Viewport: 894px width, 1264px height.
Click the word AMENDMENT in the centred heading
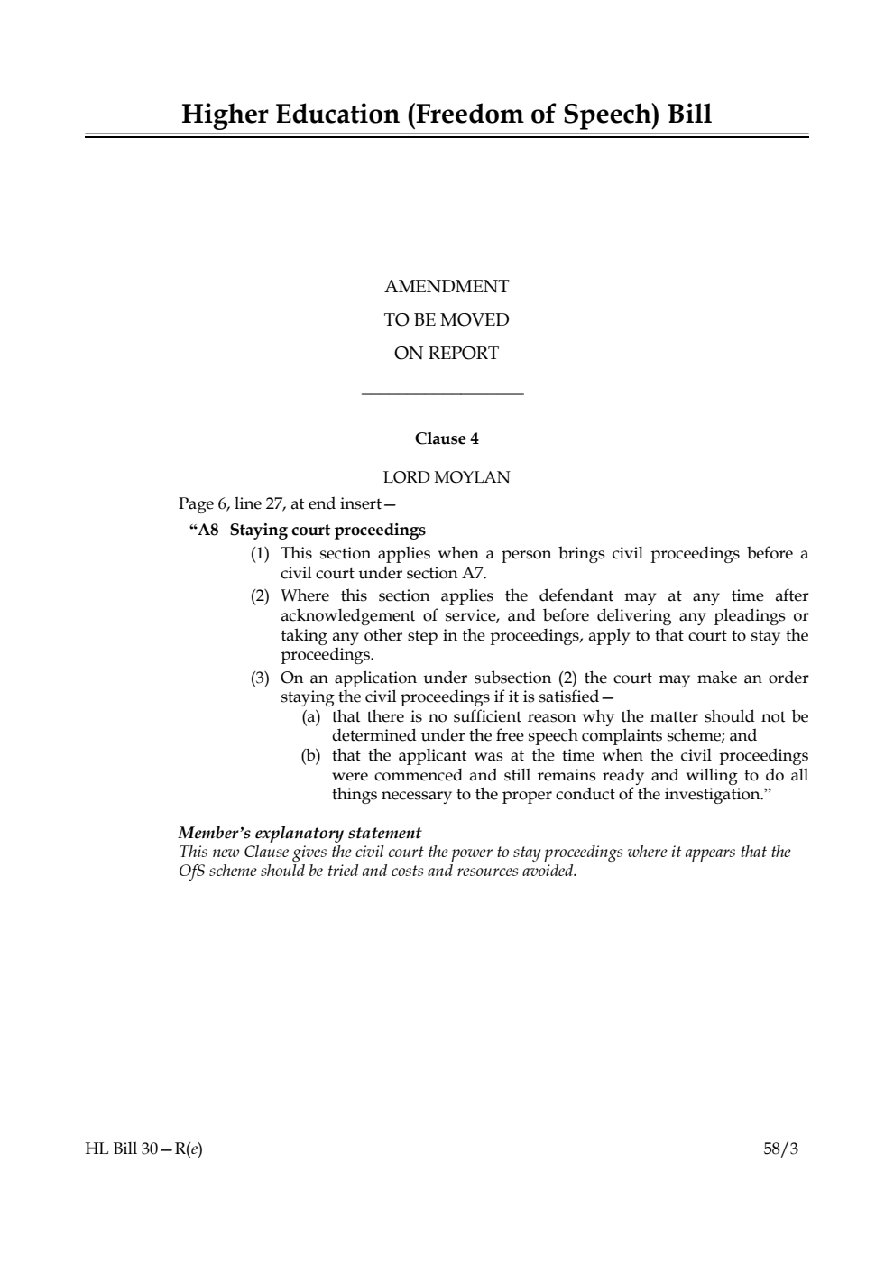(x=447, y=287)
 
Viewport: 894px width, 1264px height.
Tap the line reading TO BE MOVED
(x=447, y=320)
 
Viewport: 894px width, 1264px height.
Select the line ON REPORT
(x=447, y=354)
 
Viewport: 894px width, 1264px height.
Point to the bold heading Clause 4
(x=447, y=439)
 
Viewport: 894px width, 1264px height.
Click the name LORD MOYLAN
(x=447, y=477)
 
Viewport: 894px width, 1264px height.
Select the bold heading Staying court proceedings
(x=327, y=530)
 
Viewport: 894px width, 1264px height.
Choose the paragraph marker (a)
(x=311, y=717)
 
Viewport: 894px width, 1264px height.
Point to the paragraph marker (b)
(x=311, y=756)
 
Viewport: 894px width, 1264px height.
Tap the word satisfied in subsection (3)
(x=567, y=697)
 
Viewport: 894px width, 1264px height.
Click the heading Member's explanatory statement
(x=300, y=833)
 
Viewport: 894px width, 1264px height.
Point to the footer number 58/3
(x=780, y=1149)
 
